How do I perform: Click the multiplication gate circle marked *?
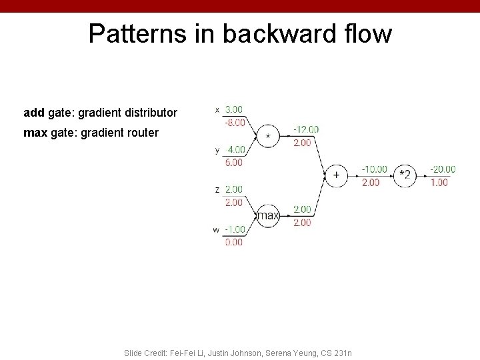point(268,136)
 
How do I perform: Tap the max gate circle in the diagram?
point(268,215)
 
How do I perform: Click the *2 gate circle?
point(404,175)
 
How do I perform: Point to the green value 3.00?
point(233,109)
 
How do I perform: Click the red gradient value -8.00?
point(233,122)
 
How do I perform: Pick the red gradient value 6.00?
point(234,162)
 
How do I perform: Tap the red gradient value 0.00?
point(234,243)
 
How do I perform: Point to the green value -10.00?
point(374,169)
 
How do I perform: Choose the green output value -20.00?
point(443,169)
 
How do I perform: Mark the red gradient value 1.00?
point(439,182)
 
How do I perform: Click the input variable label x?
point(217,110)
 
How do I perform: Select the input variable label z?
point(217,190)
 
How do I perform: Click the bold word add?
point(34,113)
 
